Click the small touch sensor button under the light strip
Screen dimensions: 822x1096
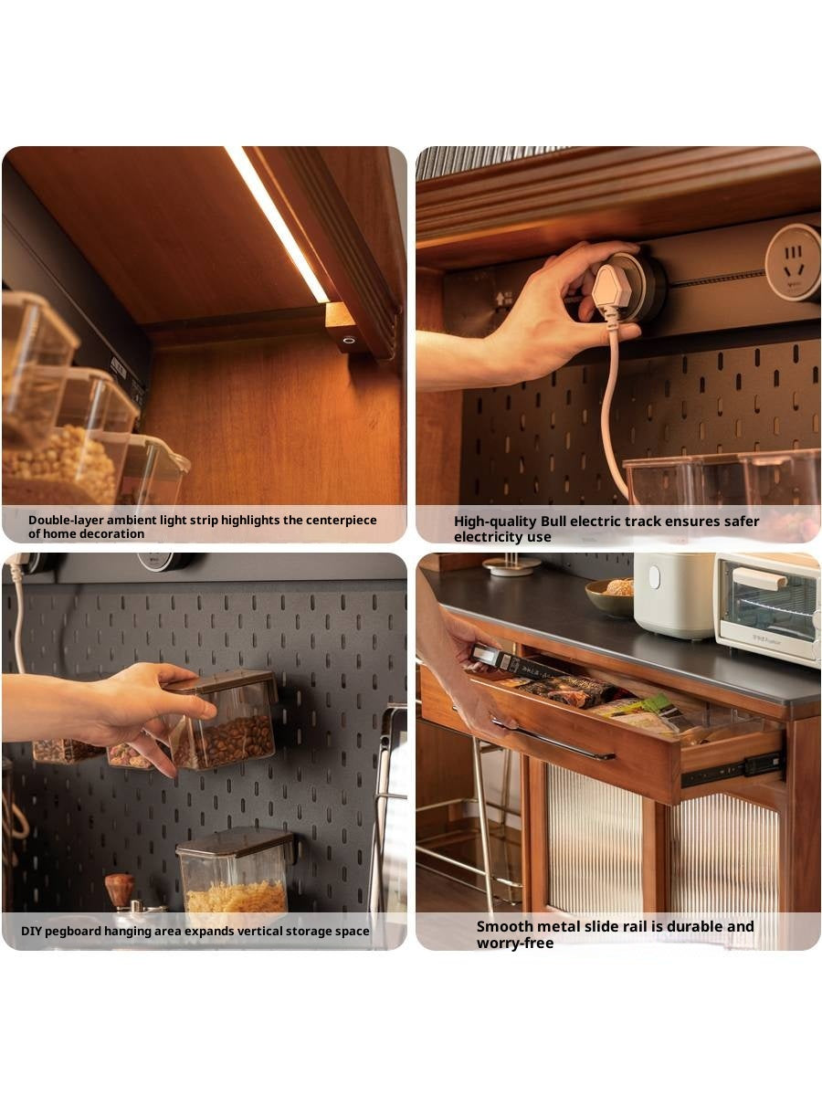pos(349,341)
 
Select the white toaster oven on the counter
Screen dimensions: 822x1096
pos(767,607)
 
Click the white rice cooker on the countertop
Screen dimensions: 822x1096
pos(675,595)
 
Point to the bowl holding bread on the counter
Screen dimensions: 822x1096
pos(610,597)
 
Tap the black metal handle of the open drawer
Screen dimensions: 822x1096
pos(553,739)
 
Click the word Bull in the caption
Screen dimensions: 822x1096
pos(553,522)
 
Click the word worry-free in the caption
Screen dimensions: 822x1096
pos(515,943)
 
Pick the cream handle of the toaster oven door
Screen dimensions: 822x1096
pos(759,578)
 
